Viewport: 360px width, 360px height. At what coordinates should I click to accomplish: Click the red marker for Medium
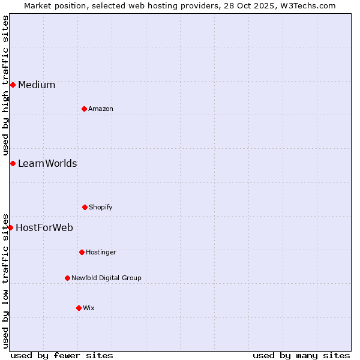click(13, 85)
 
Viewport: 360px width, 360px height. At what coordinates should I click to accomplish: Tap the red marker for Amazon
click(84, 109)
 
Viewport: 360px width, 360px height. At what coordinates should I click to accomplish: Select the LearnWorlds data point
click(13, 163)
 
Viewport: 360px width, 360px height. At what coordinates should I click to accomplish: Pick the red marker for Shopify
click(85, 207)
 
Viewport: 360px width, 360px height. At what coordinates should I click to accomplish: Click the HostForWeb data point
click(10, 227)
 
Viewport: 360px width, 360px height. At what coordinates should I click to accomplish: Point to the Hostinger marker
click(82, 252)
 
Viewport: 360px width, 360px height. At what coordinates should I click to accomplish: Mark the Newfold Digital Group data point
click(67, 278)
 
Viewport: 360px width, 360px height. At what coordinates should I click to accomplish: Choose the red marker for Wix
click(79, 308)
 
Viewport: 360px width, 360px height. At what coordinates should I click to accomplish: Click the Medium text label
click(37, 85)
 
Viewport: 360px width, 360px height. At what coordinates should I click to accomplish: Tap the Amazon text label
click(101, 109)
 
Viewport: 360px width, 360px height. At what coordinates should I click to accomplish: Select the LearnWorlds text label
click(47, 163)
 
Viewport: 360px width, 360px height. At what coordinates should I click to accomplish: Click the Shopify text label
click(101, 207)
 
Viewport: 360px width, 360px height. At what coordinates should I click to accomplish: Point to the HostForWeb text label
click(44, 227)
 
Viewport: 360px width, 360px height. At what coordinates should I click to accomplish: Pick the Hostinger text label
click(101, 252)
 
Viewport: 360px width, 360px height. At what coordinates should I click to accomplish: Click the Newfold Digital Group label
click(106, 278)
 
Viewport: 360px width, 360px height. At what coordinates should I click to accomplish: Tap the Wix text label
click(89, 308)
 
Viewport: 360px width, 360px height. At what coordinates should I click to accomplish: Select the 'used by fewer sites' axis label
click(62, 355)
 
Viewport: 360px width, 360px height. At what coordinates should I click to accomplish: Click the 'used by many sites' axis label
click(301, 355)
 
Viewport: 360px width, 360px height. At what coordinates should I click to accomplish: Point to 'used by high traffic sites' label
click(5, 86)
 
